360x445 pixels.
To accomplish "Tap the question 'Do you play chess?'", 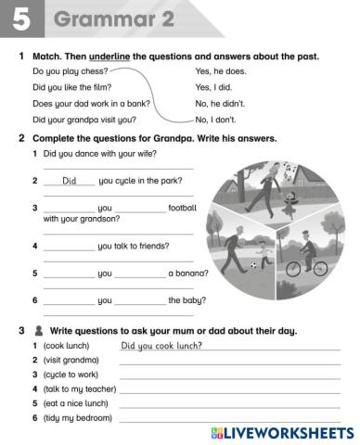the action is pyautogui.click(x=70, y=70).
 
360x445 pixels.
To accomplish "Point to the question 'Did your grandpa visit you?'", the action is pyautogui.click(x=84, y=120).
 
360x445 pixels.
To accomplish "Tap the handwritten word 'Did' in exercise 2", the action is pyautogui.click(x=73, y=182).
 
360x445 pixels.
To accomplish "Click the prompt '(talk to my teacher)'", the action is pyautogui.click(x=78, y=389).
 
